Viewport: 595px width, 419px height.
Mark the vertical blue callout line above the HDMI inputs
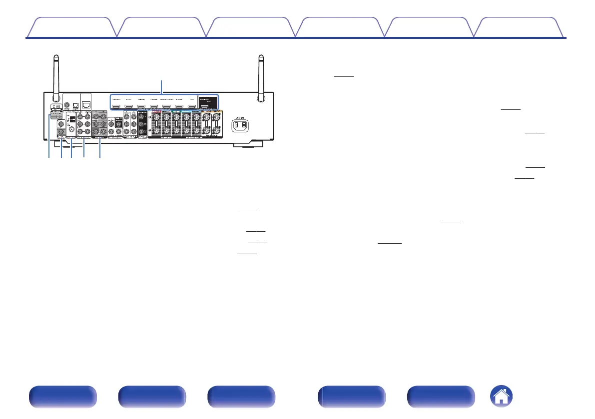[x=161, y=86]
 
